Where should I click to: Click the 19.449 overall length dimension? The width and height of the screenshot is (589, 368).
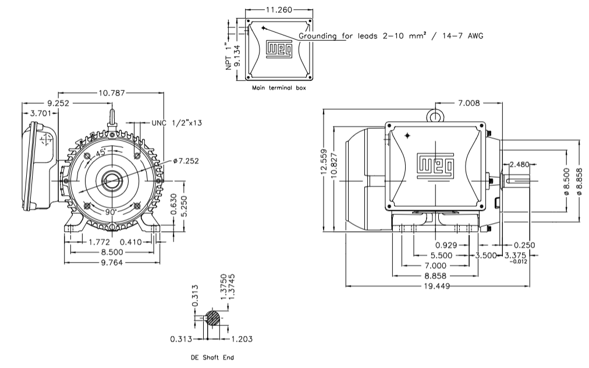[x=438, y=286]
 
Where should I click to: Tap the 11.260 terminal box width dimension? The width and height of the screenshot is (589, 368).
[x=277, y=10]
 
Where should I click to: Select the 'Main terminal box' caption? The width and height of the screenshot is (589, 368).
[x=278, y=89]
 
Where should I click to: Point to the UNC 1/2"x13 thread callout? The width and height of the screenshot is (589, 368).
[x=177, y=123]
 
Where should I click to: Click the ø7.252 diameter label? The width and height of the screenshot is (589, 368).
[x=186, y=161]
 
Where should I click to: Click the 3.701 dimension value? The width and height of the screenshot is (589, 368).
[x=43, y=112]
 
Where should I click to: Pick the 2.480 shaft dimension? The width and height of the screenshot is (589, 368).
[x=520, y=164]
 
